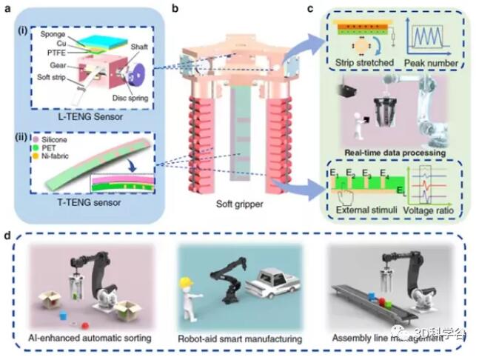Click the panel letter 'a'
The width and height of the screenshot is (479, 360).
coord(9,10)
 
